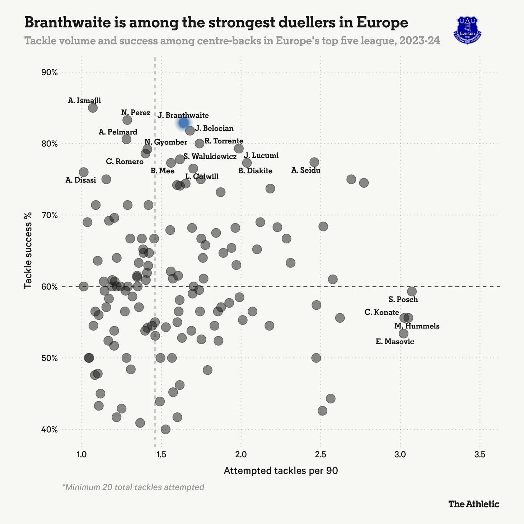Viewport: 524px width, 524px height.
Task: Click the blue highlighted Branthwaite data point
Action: (183, 123)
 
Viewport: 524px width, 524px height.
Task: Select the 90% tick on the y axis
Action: (50, 72)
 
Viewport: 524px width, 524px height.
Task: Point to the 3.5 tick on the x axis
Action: (479, 454)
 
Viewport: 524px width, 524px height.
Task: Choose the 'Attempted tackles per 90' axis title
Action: (281, 471)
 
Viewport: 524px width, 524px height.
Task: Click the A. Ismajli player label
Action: (84, 101)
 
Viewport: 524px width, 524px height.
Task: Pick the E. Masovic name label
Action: (395, 342)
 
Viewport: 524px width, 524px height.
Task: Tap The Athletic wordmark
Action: (474, 504)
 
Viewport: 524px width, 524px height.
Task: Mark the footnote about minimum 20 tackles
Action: (133, 487)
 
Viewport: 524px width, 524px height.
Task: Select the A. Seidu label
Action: (306, 170)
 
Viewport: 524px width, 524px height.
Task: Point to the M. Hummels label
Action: (417, 326)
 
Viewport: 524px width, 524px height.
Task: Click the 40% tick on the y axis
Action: (50, 430)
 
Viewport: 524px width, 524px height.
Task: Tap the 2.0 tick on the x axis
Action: (241, 454)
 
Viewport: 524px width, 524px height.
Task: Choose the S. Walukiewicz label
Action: (210, 157)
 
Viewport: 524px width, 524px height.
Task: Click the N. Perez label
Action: (136, 113)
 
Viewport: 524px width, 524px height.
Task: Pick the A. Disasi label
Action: (81, 181)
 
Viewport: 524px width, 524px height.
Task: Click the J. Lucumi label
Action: (261, 156)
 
